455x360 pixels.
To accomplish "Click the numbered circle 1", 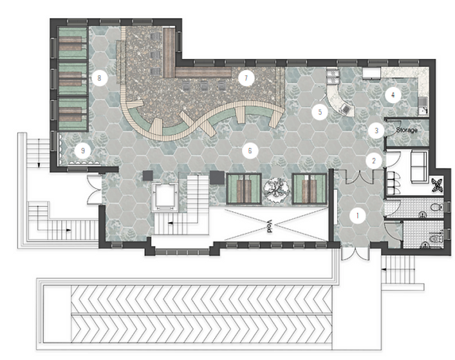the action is [358, 216].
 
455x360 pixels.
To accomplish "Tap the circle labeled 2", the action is [374, 161].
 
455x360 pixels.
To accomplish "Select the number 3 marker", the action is [376, 130].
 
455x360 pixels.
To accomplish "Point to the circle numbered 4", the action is [393, 95].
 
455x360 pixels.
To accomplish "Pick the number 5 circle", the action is [320, 112].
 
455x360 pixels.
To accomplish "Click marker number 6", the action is [250, 151].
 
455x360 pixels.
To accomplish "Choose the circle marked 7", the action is [246, 78].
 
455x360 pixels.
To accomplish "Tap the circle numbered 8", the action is [100, 78].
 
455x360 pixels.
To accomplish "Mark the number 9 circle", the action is [83, 151].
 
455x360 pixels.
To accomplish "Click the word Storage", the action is [407, 130].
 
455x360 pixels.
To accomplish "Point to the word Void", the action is [269, 226].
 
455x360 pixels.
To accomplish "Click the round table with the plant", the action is [277, 188].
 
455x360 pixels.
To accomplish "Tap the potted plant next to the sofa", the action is [437, 185].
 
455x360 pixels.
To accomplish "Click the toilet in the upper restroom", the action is [436, 207].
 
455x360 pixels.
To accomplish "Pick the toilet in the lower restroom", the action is [436, 239].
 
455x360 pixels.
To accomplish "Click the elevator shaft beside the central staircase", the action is [165, 196].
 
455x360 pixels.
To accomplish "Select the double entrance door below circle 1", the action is [355, 253].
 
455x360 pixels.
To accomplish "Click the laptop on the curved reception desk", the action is [346, 108].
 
